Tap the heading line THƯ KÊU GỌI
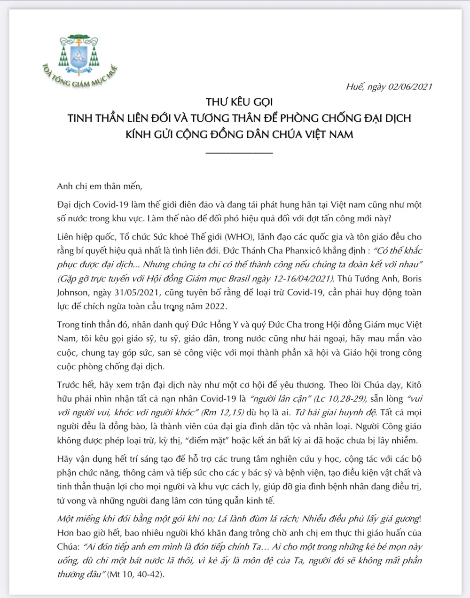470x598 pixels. [239, 102]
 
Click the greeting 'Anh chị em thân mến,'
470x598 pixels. [99, 186]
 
